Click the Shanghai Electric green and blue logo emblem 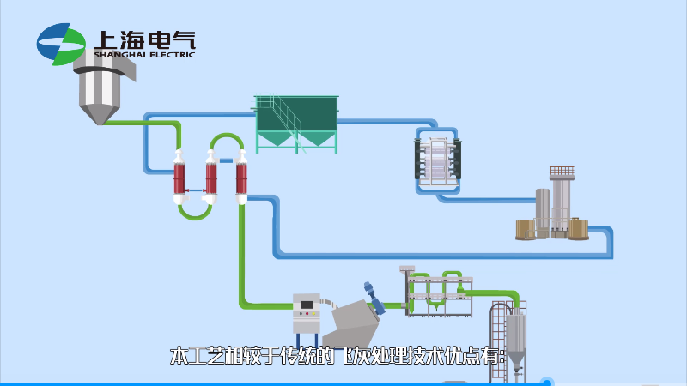(x=61, y=44)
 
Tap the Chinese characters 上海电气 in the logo (x=145, y=39)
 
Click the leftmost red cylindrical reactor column (x=179, y=178)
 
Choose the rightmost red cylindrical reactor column (x=242, y=178)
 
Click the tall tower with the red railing (x=562, y=197)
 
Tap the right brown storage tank (x=579, y=227)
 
